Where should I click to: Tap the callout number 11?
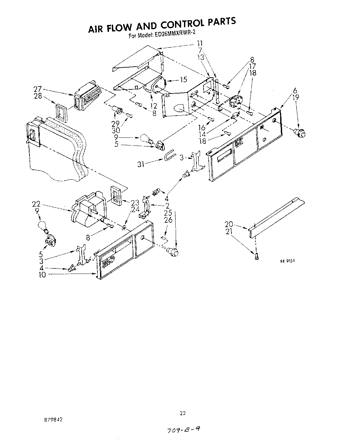pos(200,43)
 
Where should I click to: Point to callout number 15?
pos(183,80)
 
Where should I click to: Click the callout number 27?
pos(38,89)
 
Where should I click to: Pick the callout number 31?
pos(141,164)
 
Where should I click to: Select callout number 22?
pos(36,204)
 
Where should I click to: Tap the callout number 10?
pos(42,275)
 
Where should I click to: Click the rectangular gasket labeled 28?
pos(62,113)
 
